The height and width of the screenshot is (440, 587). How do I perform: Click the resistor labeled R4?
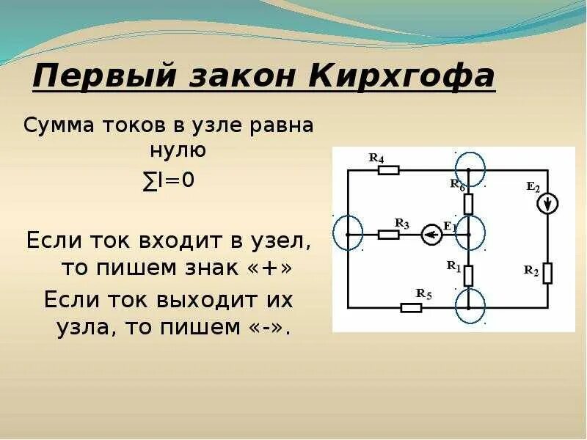point(388,170)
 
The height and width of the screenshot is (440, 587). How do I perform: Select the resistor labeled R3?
point(388,235)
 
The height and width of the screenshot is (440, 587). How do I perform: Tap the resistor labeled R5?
point(411,307)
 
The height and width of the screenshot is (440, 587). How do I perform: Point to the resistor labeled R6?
point(468,202)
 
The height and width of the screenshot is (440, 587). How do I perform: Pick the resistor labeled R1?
point(468,275)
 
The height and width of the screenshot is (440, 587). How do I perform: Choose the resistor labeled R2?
point(547,273)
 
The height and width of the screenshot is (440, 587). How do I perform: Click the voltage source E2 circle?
point(547,203)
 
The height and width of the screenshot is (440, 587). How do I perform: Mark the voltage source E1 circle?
point(431,235)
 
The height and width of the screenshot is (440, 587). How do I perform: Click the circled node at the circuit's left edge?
point(346,234)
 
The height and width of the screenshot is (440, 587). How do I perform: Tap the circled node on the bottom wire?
point(469,306)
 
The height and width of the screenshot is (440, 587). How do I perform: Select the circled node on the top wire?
point(469,169)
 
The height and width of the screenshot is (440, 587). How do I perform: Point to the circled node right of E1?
point(469,234)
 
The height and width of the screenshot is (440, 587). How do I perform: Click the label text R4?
point(376,157)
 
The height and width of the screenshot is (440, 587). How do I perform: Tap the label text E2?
point(533,186)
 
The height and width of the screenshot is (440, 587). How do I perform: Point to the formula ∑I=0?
point(169,180)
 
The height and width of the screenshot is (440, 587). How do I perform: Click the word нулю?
point(169,151)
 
